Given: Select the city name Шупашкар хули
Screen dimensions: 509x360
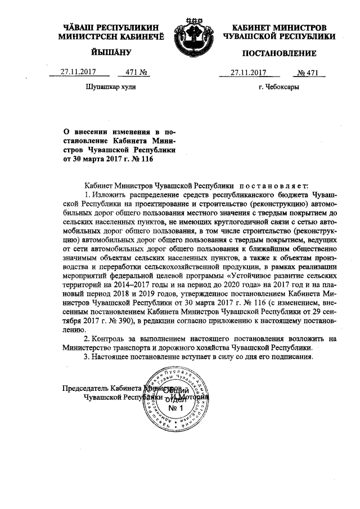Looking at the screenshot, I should [110, 88].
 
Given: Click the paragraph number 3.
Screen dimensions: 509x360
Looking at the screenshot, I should [85, 358].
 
